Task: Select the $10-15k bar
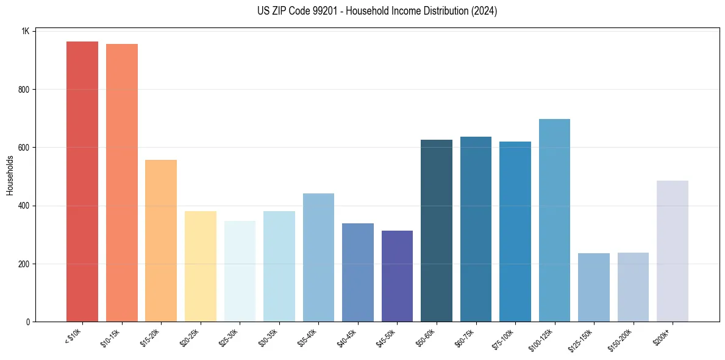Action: (121, 183)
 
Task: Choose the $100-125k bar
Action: (554, 220)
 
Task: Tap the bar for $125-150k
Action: (594, 287)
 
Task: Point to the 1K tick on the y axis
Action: (26, 31)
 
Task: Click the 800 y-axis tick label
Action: (25, 90)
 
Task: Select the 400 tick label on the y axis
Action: (25, 206)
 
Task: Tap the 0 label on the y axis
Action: (28, 322)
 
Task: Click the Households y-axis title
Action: (10, 175)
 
